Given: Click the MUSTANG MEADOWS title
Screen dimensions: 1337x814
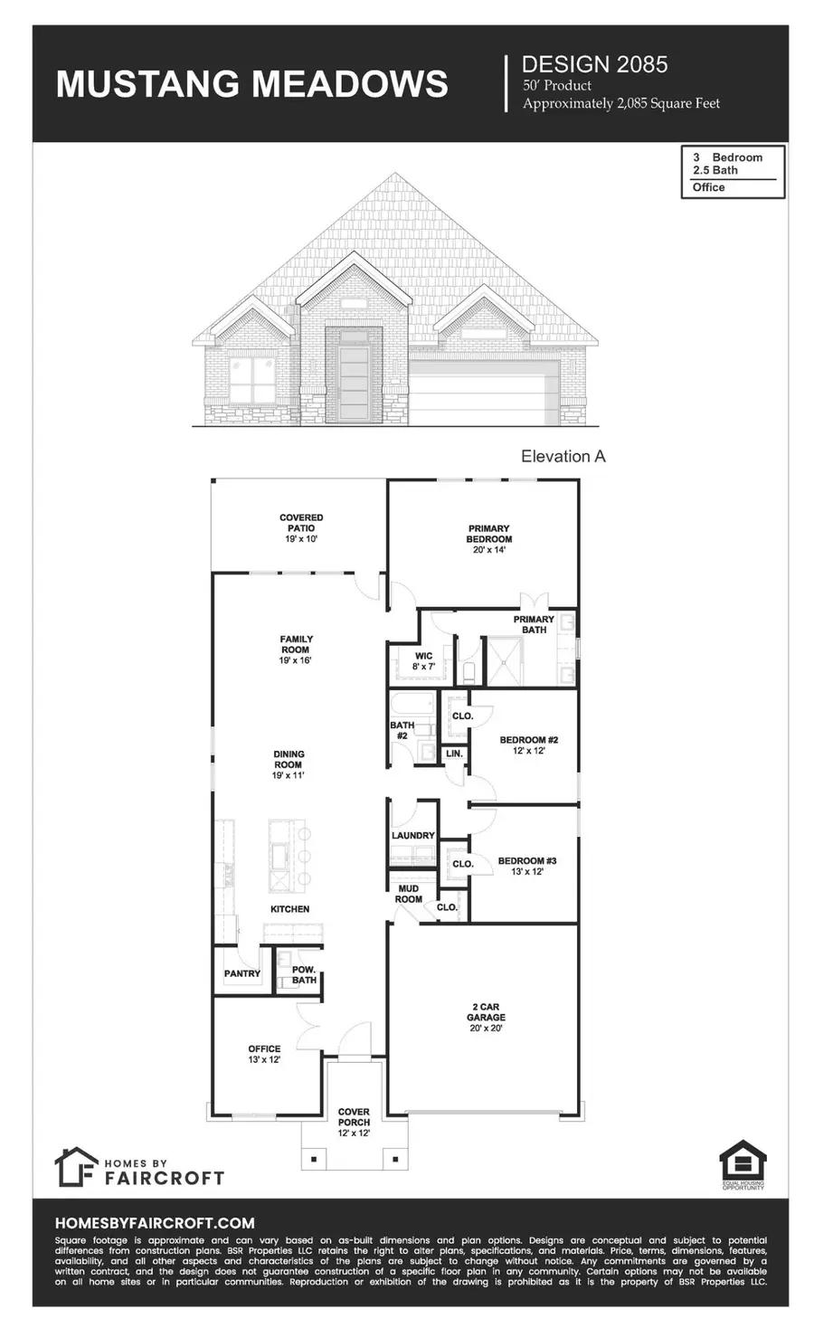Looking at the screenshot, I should click(x=251, y=83).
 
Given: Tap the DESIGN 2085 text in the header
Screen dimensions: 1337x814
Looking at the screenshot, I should click(x=594, y=64).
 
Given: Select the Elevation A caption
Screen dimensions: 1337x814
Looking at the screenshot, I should click(x=563, y=456).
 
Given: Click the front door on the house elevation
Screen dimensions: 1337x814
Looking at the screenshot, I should click(x=354, y=376).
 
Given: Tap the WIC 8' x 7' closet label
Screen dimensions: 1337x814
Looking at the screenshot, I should click(x=424, y=661).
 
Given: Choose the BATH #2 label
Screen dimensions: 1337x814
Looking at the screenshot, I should click(x=402, y=730).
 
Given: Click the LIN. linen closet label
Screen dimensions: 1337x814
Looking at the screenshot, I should click(x=454, y=754).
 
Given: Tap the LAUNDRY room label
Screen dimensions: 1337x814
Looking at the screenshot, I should click(x=413, y=836).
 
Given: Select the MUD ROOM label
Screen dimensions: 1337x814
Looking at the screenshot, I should click(x=409, y=894).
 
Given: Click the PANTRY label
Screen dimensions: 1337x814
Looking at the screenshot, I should click(x=242, y=973).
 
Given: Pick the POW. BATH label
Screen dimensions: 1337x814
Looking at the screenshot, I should click(x=304, y=974).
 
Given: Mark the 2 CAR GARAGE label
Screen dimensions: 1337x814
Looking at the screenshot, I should click(x=486, y=1017).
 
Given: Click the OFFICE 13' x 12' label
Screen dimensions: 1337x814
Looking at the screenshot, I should click(x=264, y=1054).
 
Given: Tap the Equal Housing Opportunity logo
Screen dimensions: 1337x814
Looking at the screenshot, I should click(x=743, y=1165).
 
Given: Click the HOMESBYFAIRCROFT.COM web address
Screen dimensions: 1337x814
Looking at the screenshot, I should click(x=155, y=1222).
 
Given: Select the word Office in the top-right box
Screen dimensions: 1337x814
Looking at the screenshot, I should click(x=709, y=187).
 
